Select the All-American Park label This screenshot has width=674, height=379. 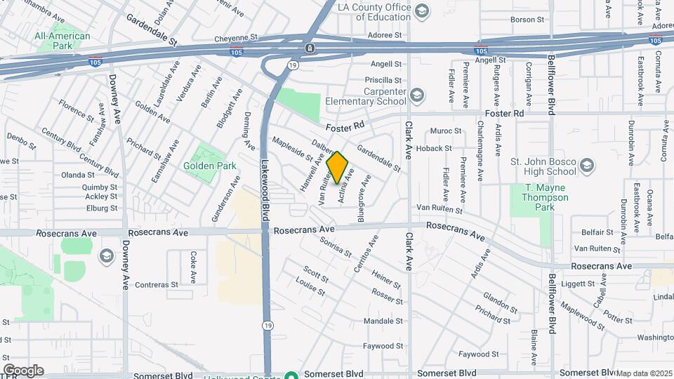point(62,41)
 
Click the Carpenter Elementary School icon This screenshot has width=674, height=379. point(418,95)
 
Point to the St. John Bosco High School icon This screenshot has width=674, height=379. point(587,166)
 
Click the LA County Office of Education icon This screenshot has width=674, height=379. point(422,11)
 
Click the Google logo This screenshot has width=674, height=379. point(23,371)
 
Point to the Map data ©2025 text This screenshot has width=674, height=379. point(644,373)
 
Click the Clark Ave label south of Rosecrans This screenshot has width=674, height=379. point(409,253)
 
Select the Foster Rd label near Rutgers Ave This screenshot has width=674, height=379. point(504,113)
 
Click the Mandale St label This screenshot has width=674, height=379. point(383,321)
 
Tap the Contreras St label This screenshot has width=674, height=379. point(157,285)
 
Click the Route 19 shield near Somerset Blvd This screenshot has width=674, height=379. point(267,326)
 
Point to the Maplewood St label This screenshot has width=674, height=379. point(582,317)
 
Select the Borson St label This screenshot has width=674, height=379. point(522,20)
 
